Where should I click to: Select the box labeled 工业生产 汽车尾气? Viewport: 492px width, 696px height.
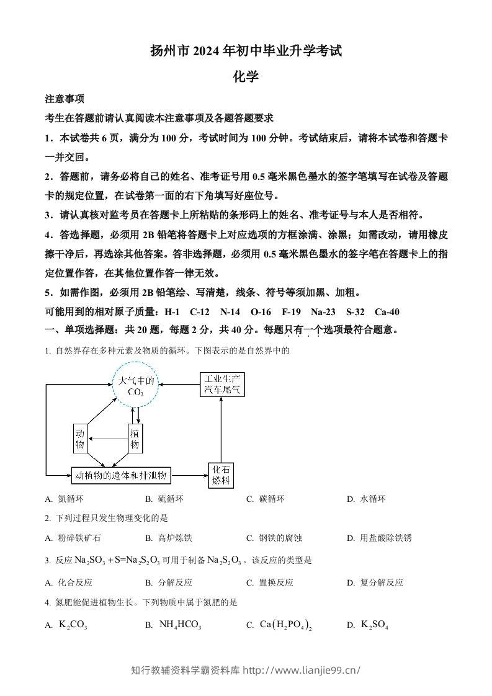(x=221, y=384)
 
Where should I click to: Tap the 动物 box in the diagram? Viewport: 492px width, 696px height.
(x=79, y=439)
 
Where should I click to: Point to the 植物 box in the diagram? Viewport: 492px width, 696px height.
(x=135, y=439)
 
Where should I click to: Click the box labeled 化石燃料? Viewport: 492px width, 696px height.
(x=221, y=475)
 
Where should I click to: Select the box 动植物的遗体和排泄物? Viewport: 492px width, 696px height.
(x=120, y=476)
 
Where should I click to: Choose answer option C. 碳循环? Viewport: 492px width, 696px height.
(x=266, y=499)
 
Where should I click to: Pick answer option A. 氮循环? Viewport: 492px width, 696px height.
(x=64, y=499)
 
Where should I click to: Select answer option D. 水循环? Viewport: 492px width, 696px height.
(x=367, y=499)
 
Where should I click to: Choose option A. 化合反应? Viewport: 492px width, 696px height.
(x=69, y=582)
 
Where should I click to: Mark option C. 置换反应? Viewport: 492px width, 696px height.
(x=270, y=582)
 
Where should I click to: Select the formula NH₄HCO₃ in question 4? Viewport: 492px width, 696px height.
(x=180, y=625)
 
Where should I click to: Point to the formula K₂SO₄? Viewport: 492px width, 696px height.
(x=375, y=625)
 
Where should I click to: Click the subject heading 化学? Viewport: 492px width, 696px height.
(x=245, y=77)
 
